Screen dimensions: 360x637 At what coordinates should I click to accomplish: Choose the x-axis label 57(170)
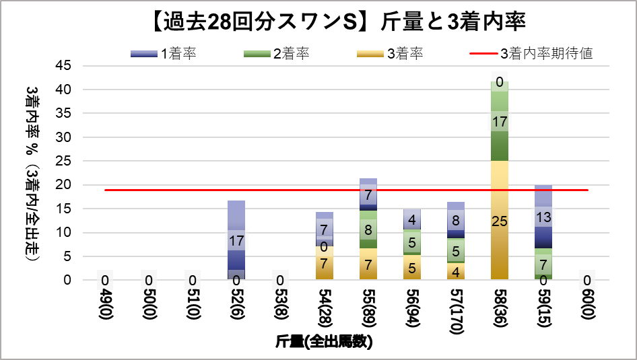pos(455,313)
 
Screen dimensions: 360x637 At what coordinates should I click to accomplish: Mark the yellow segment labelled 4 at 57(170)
pos(455,271)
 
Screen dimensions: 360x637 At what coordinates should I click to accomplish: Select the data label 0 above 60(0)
pos(586,280)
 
